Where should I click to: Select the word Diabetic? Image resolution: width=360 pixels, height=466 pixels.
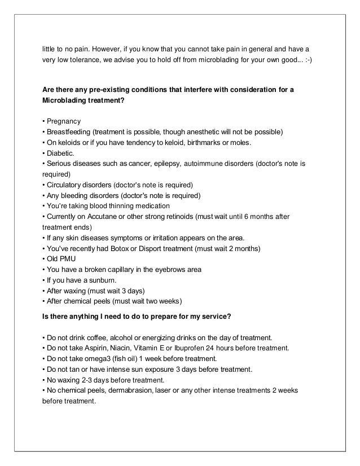pos(60,153)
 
